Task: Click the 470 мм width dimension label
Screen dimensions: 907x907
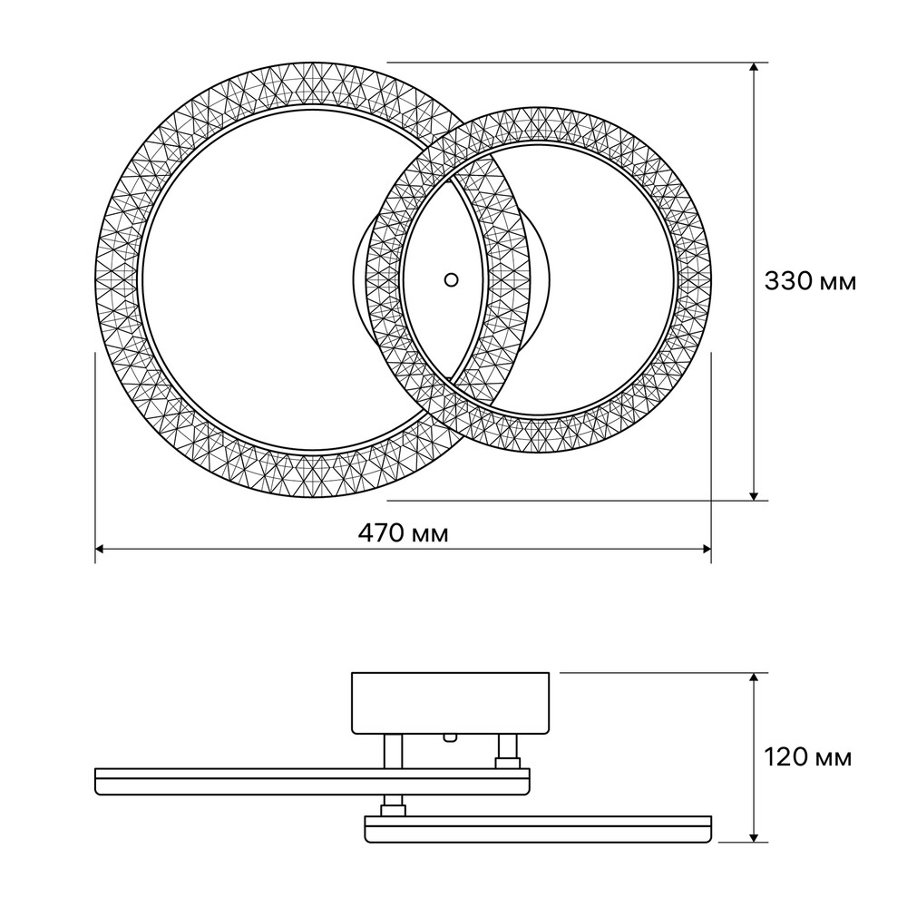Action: (404, 533)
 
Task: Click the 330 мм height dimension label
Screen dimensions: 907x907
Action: (810, 281)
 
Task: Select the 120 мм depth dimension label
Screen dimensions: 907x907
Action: (808, 756)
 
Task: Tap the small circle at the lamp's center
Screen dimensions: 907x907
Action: (451, 280)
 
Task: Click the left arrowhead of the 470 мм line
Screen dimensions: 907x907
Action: (99, 549)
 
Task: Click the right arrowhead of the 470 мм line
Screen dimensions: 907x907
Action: (707, 549)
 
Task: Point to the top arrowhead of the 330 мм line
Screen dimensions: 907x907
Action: (753, 66)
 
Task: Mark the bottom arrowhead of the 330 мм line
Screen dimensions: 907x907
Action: (753, 496)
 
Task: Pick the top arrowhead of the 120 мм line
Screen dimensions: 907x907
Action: (753, 678)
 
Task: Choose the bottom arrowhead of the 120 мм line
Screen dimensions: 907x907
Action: (753, 837)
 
